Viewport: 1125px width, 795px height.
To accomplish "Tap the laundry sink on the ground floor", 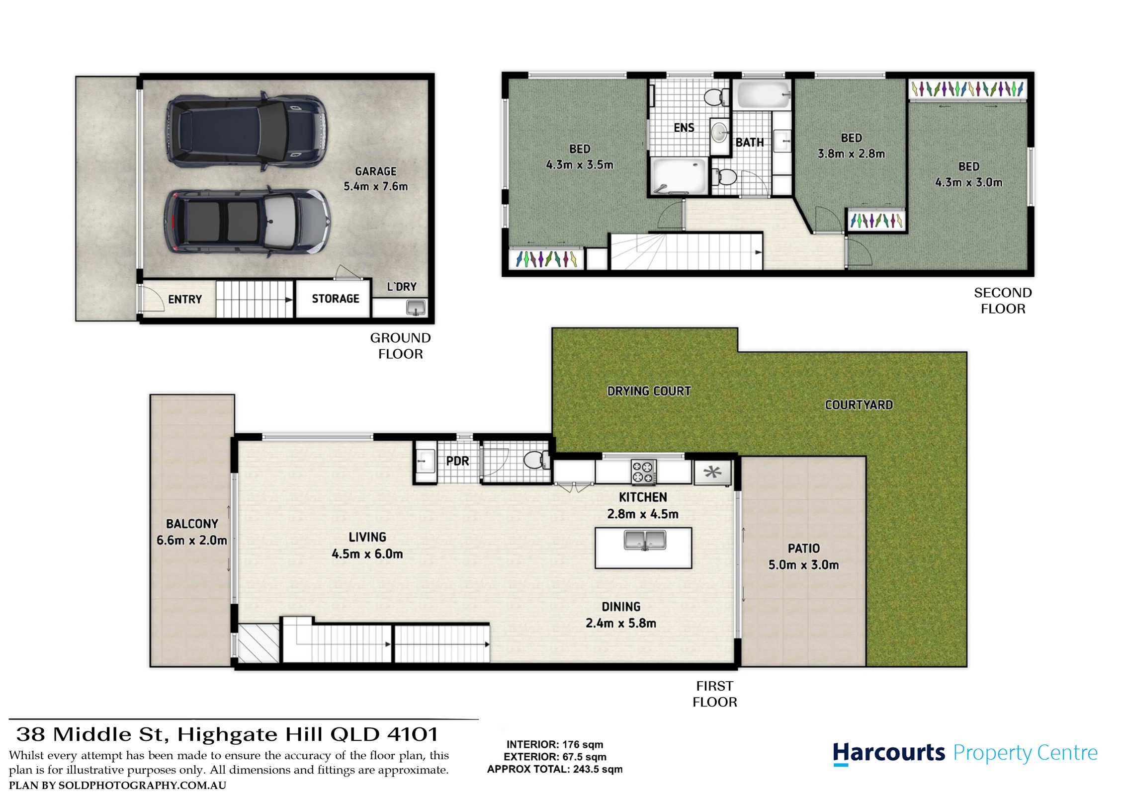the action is pyautogui.click(x=416, y=308).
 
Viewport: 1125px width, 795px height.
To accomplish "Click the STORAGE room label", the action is pyautogui.click(x=336, y=299).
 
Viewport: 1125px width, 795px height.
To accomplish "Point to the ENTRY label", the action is pyautogui.click(x=185, y=299).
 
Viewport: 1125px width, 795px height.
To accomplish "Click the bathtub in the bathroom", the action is pyautogui.click(x=764, y=95).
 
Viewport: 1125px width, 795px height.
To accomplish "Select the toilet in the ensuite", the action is pyautogui.click(x=716, y=96).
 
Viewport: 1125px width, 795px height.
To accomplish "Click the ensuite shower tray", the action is pyautogui.click(x=679, y=175).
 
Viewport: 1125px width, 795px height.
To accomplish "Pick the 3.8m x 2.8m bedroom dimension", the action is pyautogui.click(x=851, y=154).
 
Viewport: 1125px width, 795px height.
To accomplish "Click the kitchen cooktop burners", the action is pyautogui.click(x=644, y=472).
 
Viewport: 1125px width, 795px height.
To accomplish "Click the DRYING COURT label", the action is pyautogui.click(x=649, y=391).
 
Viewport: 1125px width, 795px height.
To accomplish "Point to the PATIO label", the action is pyautogui.click(x=804, y=548).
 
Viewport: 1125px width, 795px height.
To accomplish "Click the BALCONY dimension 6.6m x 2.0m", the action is pyautogui.click(x=192, y=540).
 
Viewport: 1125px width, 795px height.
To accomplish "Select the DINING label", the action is pyautogui.click(x=621, y=606).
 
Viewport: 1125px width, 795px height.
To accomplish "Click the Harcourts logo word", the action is pyautogui.click(x=889, y=753).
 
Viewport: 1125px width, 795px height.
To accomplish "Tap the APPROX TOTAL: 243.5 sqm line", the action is pyautogui.click(x=555, y=769).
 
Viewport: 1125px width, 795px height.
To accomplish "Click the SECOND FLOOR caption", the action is pyautogui.click(x=1003, y=301).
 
